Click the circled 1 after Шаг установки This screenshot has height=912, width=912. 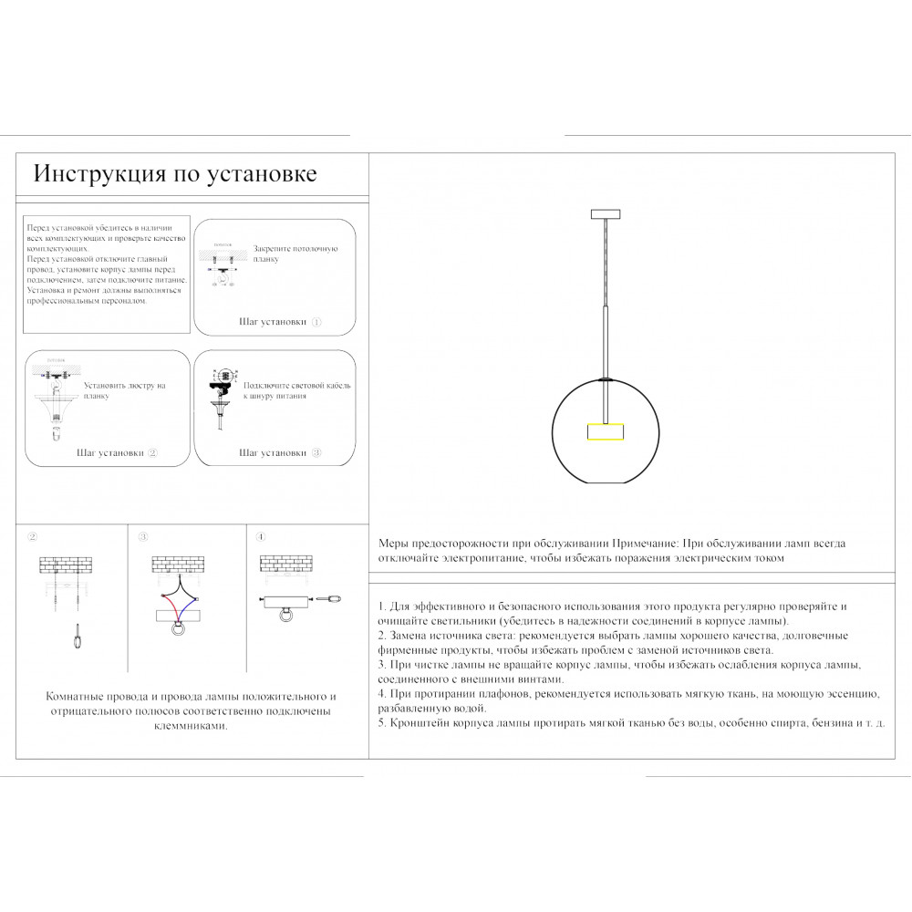[316, 323]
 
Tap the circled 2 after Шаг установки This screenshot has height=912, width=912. [152, 452]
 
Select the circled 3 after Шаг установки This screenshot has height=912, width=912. [316, 452]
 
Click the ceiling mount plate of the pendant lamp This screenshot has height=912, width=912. [605, 214]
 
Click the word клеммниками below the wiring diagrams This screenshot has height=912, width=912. [191, 726]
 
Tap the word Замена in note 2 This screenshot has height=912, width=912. [408, 636]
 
